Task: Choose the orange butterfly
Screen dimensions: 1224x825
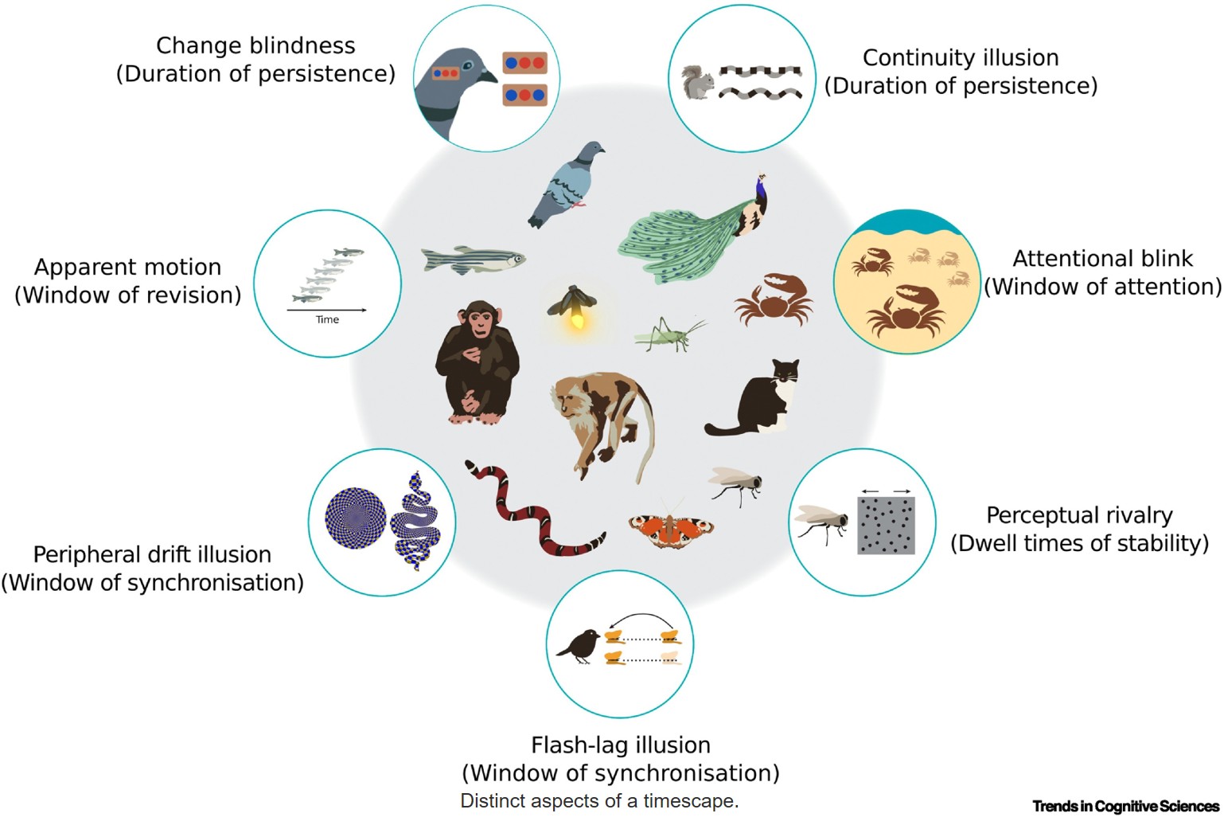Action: coord(671,527)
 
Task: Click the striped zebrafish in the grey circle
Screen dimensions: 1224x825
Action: coord(473,260)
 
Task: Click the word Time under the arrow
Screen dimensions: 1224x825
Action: coord(327,319)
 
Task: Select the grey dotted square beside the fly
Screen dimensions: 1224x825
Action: coord(886,525)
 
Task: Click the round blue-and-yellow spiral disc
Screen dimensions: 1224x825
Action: coord(355,518)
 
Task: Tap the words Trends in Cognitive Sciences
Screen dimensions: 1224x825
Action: coord(1125,806)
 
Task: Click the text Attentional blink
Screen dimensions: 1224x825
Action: coord(1103,259)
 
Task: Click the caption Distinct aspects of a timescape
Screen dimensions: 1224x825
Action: coord(599,801)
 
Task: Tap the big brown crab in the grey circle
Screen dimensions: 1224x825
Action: coord(774,299)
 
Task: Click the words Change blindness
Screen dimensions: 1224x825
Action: coord(255,45)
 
